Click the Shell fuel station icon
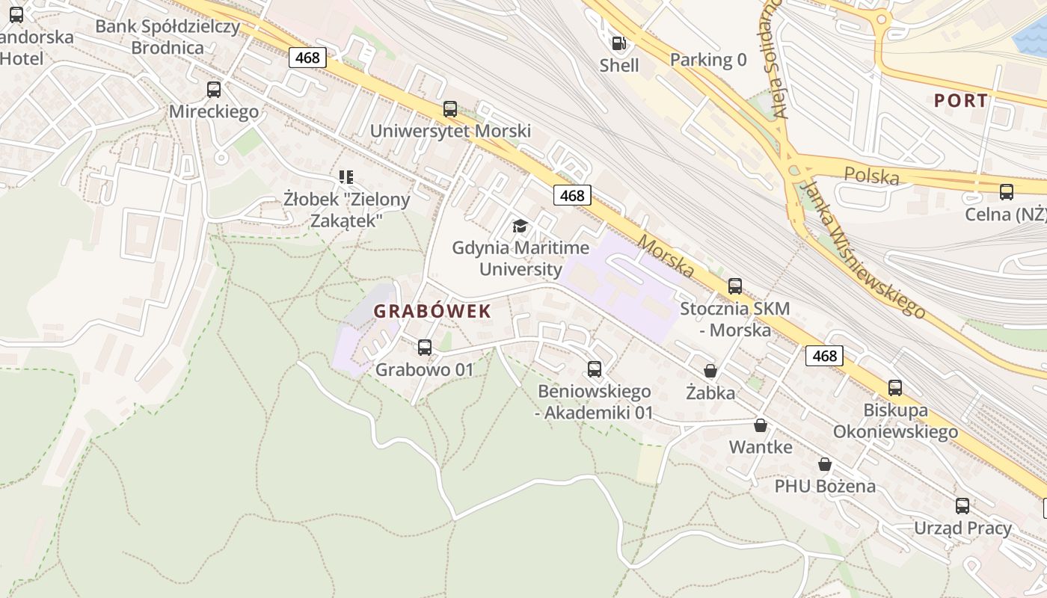coord(618,43)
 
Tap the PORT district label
coord(960,100)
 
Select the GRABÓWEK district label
coord(432,312)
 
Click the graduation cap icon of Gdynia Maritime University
coord(520,226)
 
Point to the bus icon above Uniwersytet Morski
coord(450,109)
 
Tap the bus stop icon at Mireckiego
coord(214,90)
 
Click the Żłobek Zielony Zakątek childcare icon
coord(346,177)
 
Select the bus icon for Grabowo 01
coord(425,347)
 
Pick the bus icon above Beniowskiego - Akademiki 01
coord(595,369)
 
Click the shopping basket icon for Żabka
coord(710,371)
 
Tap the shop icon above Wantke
coord(761,425)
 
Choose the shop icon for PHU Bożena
coord(825,464)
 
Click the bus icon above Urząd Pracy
coord(962,505)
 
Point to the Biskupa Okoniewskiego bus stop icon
coord(895,387)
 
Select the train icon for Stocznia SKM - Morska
coord(735,286)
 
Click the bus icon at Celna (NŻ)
coord(1007,191)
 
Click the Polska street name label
coord(871,176)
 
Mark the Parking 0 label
coord(708,60)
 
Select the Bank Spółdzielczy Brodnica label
coord(168,37)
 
